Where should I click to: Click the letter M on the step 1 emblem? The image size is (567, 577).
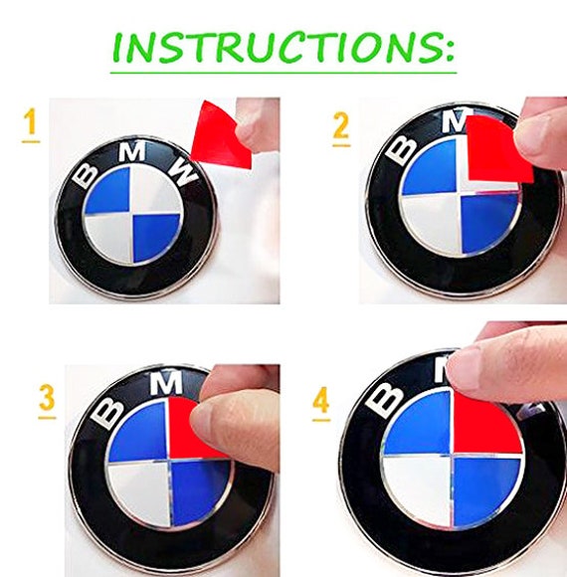click(x=131, y=151)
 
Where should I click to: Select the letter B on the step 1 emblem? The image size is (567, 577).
click(x=86, y=175)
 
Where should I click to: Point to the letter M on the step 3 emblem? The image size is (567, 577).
click(x=166, y=383)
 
